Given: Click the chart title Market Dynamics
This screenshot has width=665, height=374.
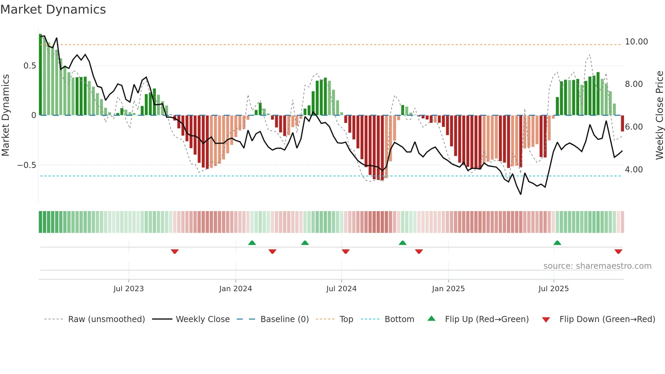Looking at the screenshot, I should (53, 10).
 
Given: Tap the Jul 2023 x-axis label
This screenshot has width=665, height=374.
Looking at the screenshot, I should (129, 289).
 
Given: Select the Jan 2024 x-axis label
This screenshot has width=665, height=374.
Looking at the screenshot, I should (235, 289).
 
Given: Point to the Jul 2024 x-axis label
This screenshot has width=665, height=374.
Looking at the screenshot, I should (341, 289).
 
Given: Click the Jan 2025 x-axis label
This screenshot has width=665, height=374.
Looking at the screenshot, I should (448, 289).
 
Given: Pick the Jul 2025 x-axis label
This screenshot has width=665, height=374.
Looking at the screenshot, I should (553, 289).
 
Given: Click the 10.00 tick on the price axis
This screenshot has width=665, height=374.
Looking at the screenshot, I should (636, 42).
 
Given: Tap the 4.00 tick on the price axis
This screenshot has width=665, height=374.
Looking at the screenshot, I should (633, 170).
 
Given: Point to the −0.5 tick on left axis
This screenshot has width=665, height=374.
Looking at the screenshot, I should (26, 165).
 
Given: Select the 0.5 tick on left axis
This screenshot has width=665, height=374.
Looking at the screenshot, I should (30, 66).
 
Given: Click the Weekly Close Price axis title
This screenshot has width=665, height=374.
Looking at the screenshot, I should (659, 115).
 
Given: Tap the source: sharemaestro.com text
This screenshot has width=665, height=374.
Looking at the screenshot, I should (597, 266).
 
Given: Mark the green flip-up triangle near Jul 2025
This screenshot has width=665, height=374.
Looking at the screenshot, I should (557, 243).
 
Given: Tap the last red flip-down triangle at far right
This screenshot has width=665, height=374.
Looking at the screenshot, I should (618, 251).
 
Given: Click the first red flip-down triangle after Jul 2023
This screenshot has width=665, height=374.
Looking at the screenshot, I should (175, 251).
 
